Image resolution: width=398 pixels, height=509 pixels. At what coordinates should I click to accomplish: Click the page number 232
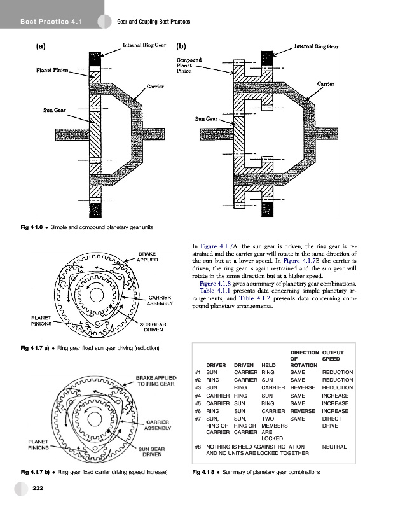(x=38, y=488)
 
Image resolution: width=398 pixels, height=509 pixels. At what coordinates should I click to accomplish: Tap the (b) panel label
(x=181, y=46)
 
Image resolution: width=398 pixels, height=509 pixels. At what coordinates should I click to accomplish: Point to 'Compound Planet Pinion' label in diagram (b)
(x=189, y=64)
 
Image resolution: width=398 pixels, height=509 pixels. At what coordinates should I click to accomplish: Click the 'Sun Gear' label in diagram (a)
(x=55, y=111)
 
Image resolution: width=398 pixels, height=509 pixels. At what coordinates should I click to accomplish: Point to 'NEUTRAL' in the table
(x=334, y=447)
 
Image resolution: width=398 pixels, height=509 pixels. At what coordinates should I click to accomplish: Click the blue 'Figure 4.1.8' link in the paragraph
(x=216, y=283)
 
